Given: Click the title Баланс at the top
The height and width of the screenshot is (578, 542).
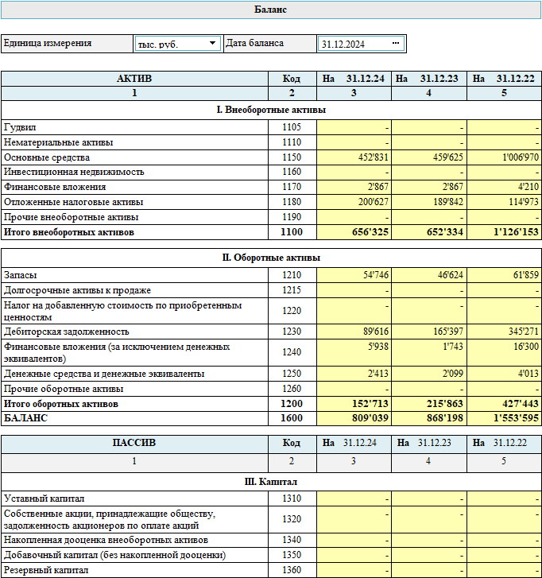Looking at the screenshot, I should [270, 10].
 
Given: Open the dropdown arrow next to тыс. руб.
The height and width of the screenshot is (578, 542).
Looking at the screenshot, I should [212, 44].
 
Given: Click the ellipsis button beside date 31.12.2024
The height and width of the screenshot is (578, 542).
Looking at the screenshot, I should [396, 44].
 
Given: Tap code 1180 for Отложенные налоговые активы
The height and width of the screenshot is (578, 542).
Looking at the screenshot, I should [292, 202].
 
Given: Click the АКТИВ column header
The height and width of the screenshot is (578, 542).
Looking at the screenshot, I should [134, 79].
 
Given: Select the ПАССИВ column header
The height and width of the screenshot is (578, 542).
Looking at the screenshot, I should [134, 443].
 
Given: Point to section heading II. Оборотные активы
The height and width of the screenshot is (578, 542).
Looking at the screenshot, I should [270, 258].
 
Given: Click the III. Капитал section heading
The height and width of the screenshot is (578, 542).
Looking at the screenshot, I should [270, 482].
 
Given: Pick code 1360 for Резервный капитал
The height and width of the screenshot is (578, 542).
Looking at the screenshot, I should [292, 570].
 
